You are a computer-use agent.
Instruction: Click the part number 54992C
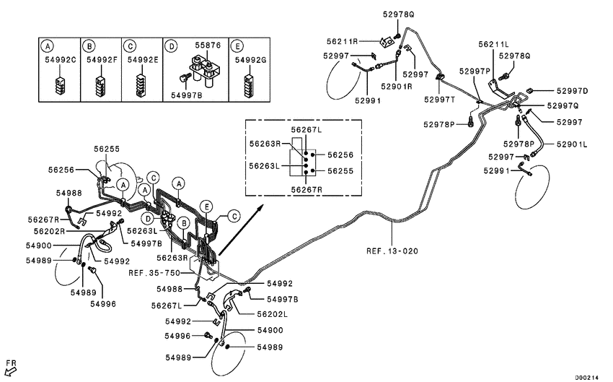pos(59,60)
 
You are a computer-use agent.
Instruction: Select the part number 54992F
pos(100,60)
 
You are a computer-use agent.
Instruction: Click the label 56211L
pos(494,45)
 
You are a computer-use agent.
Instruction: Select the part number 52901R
pos(397,87)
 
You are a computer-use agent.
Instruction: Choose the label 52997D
pos(572,91)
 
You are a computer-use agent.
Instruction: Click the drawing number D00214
pos(587,376)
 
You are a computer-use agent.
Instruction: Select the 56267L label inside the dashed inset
pos(307,130)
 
